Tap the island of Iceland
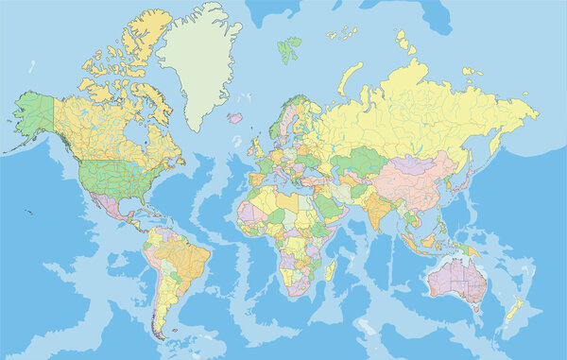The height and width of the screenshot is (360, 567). pyautogui.click(x=234, y=118)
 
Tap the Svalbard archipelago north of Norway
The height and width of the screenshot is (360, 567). pyautogui.click(x=288, y=47)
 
